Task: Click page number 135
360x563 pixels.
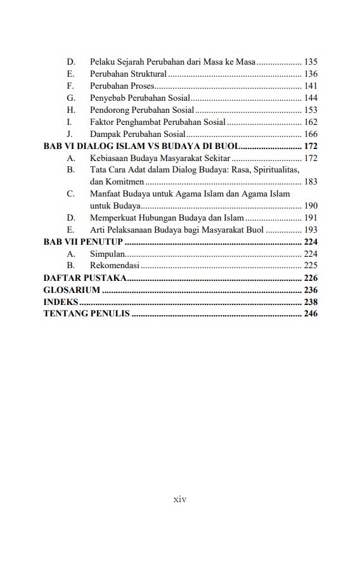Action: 311,62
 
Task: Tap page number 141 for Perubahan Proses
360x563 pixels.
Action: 311,86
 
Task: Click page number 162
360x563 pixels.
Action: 311,122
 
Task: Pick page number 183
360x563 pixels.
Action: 311,182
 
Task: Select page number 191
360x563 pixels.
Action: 311,218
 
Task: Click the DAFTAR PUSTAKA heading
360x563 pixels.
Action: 84,278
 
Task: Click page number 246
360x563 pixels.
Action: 311,314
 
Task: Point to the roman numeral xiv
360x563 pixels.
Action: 180,500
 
